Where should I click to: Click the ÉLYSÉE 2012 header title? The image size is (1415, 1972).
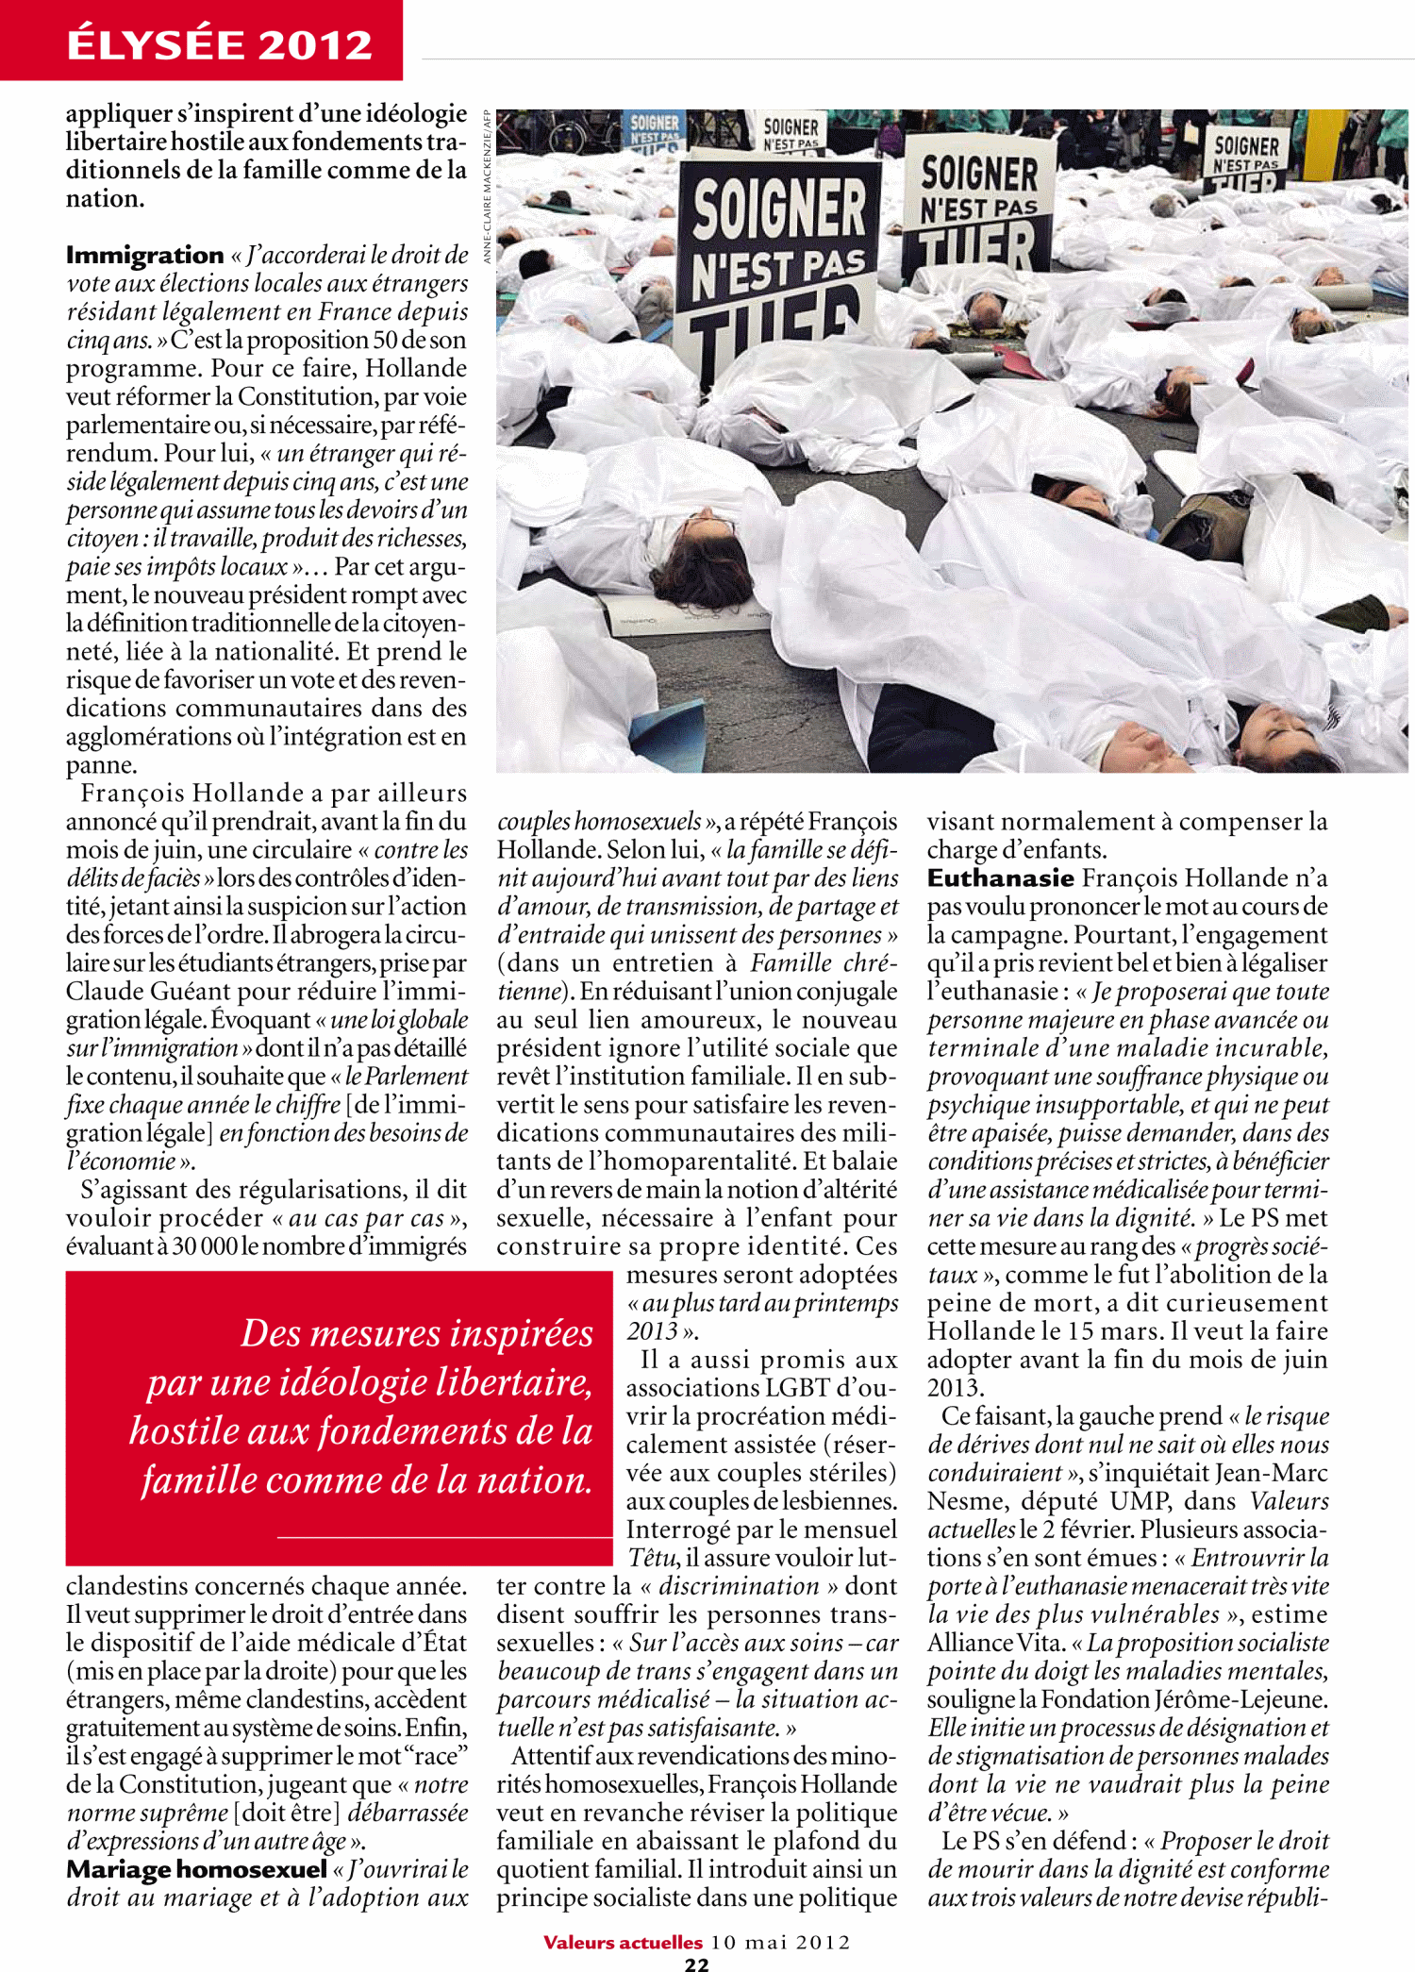(x=219, y=44)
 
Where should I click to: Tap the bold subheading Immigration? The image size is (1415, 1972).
(x=144, y=255)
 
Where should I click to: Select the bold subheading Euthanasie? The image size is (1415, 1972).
(x=1000, y=877)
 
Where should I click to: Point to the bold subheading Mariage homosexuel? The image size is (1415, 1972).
(x=196, y=1869)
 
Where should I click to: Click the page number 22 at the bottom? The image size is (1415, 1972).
(x=696, y=1964)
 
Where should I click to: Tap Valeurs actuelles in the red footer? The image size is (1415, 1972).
(x=623, y=1942)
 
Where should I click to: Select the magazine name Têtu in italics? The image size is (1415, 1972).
(x=653, y=1558)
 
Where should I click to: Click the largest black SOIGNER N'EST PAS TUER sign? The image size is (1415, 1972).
(x=778, y=264)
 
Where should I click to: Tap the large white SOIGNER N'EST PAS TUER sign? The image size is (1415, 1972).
(x=979, y=212)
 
